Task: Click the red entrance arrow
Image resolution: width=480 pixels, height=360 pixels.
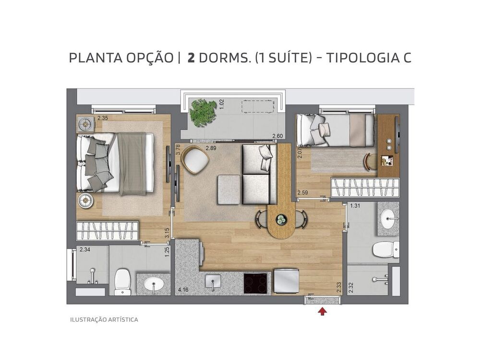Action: point(323,311)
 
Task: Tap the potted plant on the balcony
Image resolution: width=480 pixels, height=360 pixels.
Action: point(202,112)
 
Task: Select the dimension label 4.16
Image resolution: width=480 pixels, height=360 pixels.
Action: point(183,290)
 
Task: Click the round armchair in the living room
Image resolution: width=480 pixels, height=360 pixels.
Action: point(195,159)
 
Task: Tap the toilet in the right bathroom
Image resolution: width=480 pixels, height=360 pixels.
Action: point(386,249)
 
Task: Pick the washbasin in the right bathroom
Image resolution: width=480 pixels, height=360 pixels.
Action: point(388,220)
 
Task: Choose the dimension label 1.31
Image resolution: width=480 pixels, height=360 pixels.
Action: point(355,206)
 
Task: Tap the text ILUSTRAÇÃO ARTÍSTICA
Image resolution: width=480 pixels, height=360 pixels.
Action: point(104,319)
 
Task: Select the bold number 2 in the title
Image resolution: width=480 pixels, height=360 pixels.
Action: point(191,58)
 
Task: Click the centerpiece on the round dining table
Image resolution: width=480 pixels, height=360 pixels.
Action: point(281,220)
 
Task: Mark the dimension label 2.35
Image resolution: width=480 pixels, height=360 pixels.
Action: point(103,118)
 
